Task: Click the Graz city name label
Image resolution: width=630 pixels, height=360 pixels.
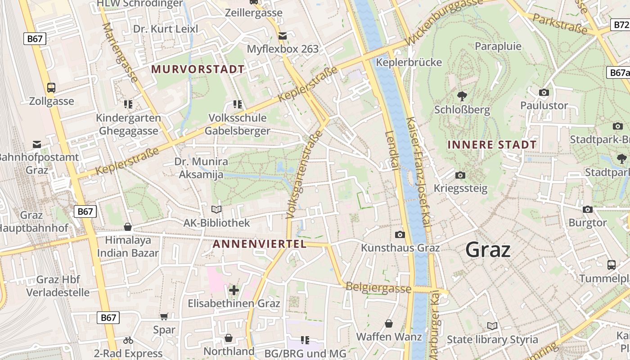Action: [x=488, y=250]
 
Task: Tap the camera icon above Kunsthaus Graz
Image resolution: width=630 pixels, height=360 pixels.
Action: [x=400, y=234]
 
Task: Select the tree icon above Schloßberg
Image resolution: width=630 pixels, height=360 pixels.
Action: [x=461, y=95]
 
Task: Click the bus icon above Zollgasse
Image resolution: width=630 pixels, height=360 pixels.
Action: [x=51, y=87]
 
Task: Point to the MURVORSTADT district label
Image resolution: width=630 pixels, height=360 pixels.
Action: [x=198, y=69]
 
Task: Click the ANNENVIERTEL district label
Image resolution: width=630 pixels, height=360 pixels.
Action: [x=259, y=244]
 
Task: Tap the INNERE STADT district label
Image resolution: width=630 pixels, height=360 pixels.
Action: [x=492, y=145]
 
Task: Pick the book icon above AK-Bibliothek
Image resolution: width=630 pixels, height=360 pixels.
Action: [x=216, y=209]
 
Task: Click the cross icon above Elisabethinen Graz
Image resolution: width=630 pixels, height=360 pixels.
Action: [x=234, y=290]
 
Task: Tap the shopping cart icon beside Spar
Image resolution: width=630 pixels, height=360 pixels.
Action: [x=164, y=316]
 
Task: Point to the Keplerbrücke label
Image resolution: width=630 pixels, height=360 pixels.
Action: [x=409, y=62]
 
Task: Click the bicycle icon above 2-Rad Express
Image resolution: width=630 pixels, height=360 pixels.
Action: [x=128, y=340]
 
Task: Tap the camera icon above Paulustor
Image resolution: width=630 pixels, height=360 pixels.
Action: [x=544, y=92]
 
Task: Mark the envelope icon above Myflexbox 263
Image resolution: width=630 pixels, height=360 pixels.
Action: [x=283, y=36]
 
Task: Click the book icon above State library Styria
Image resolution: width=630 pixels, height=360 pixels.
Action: [x=492, y=326]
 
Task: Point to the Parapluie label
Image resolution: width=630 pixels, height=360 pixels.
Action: [x=498, y=46]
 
